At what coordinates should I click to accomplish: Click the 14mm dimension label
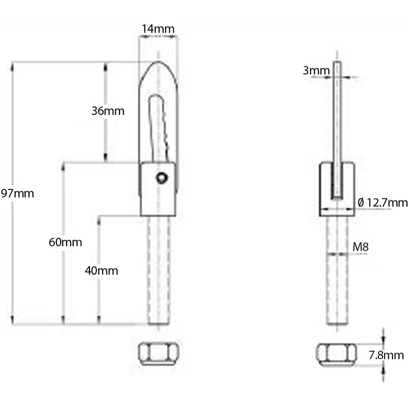(x=158, y=29)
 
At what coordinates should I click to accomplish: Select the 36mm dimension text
(x=108, y=111)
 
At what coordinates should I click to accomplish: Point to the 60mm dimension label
(x=65, y=242)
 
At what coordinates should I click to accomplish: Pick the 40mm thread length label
(x=101, y=271)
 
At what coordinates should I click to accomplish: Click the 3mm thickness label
(x=316, y=71)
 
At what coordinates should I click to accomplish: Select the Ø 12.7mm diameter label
(x=382, y=203)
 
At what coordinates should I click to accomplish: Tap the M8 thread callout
(x=360, y=247)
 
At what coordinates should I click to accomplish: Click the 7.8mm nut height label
(x=386, y=355)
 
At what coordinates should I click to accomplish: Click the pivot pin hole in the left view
(x=161, y=178)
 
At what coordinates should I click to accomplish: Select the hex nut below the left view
(x=158, y=354)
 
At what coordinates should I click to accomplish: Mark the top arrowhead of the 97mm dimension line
(x=13, y=65)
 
